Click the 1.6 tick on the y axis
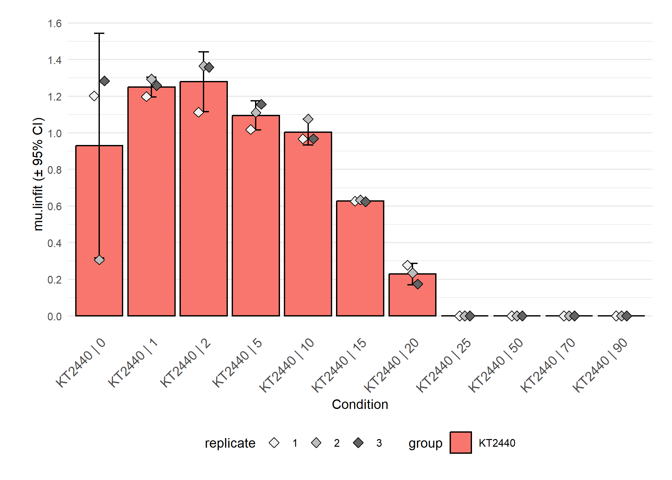55,23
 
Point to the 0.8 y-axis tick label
55,170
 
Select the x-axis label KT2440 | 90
600,365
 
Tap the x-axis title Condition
360,404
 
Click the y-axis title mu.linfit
38,174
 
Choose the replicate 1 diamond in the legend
274,443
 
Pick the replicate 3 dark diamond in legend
358,443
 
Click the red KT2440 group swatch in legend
460,443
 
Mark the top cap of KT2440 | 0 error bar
99,33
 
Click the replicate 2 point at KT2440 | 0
99,260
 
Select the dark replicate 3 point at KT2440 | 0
104,81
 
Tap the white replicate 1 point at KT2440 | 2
198,112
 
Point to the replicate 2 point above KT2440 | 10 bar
308,119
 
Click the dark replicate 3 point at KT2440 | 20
418,284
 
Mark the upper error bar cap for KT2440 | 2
204,52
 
